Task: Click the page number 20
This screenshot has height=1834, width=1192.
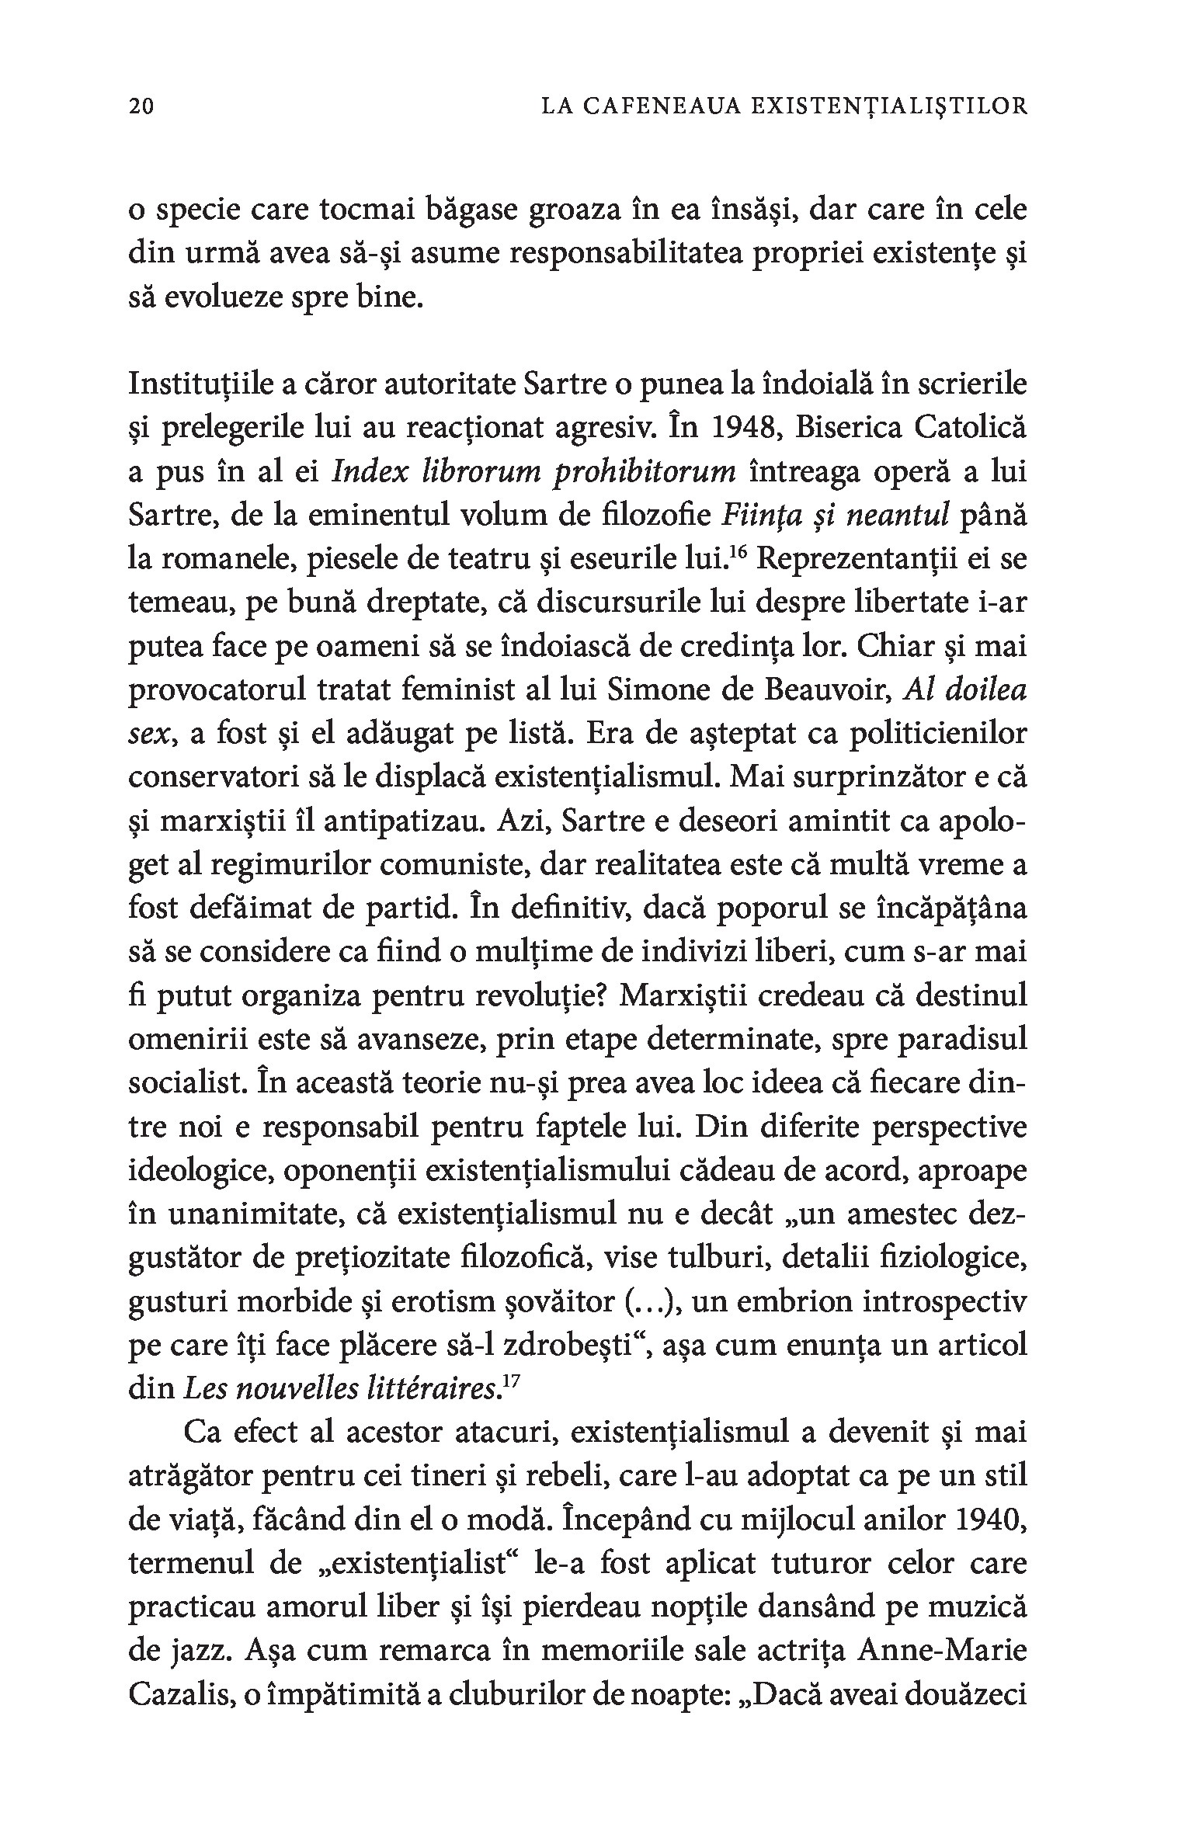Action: [x=142, y=106]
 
